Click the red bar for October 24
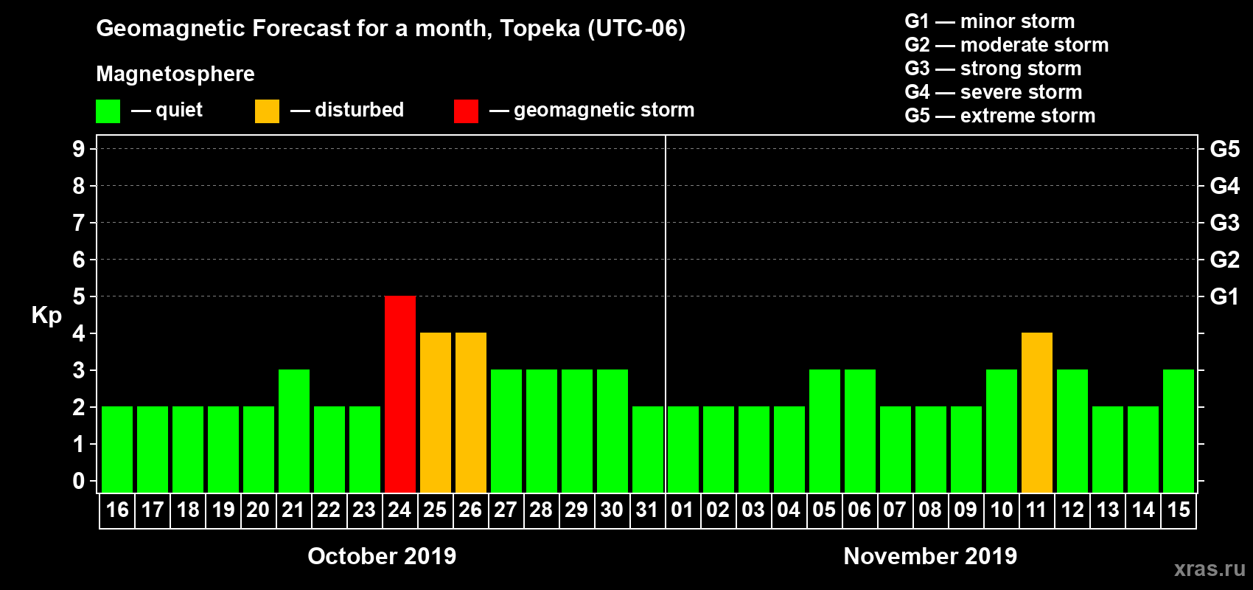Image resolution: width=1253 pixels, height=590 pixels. click(x=400, y=394)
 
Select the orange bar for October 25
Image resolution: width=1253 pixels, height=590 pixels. click(x=436, y=412)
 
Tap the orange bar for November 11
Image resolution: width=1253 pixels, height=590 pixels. click(x=1037, y=412)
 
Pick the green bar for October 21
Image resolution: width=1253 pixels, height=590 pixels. click(x=294, y=431)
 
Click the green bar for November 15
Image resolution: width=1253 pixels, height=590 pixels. click(x=1179, y=431)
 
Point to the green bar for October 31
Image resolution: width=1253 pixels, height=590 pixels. click(x=648, y=449)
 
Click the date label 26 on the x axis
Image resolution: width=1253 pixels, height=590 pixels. click(x=470, y=510)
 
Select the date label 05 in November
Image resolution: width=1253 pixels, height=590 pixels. click(x=824, y=510)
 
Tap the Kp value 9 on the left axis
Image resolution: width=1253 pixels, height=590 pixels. click(x=79, y=149)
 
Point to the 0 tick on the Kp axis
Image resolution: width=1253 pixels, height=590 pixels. click(x=79, y=481)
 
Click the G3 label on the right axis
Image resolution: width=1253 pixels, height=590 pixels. click(x=1224, y=223)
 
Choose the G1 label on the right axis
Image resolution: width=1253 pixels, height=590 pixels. click(x=1224, y=296)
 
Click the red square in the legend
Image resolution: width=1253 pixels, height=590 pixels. click(x=466, y=111)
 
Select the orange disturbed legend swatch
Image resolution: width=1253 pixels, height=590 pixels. click(x=267, y=111)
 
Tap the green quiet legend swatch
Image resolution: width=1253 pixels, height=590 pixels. click(x=108, y=111)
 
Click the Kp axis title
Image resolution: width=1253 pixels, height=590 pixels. click(x=46, y=315)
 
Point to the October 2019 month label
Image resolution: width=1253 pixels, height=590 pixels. click(x=382, y=556)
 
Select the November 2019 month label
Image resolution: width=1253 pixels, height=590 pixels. click(x=930, y=556)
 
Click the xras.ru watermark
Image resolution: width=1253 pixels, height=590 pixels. click(x=1210, y=569)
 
